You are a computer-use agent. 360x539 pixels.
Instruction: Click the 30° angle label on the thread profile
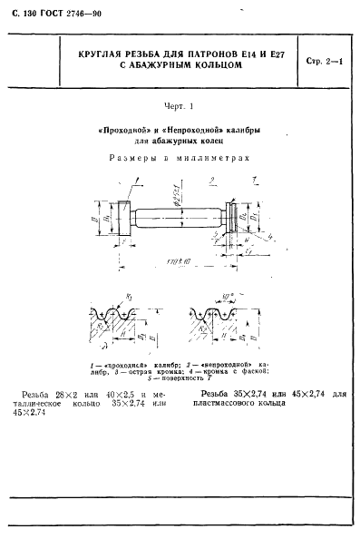tap(229, 297)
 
